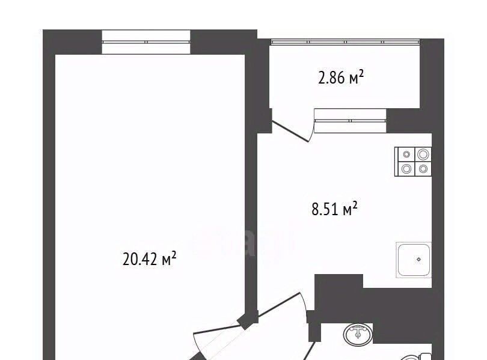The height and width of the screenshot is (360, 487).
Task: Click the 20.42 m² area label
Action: click(x=149, y=258)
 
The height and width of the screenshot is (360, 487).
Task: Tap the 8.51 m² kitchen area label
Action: click(x=334, y=209)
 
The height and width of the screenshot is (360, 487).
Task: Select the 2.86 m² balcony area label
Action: click(x=341, y=78)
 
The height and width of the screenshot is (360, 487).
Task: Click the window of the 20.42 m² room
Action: click(x=146, y=42)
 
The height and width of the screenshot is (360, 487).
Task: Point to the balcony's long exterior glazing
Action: click(x=345, y=41)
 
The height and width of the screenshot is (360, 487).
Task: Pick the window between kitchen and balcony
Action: click(x=350, y=121)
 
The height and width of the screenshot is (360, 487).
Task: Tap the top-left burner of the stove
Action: click(x=406, y=154)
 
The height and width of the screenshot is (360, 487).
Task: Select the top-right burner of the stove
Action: click(x=423, y=154)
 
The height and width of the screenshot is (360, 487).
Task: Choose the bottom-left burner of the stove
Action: click(x=406, y=169)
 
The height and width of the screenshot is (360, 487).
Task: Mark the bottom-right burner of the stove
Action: click(x=423, y=169)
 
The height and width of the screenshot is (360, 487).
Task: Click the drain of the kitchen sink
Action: click(x=418, y=259)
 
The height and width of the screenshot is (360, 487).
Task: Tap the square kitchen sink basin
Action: click(x=414, y=260)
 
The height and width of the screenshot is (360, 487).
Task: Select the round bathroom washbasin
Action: click(x=358, y=334)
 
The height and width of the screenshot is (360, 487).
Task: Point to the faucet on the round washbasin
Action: click(x=358, y=331)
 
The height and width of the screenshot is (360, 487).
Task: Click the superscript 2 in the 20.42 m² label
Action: click(x=174, y=255)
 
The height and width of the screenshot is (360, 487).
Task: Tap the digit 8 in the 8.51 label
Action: click(x=316, y=209)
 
